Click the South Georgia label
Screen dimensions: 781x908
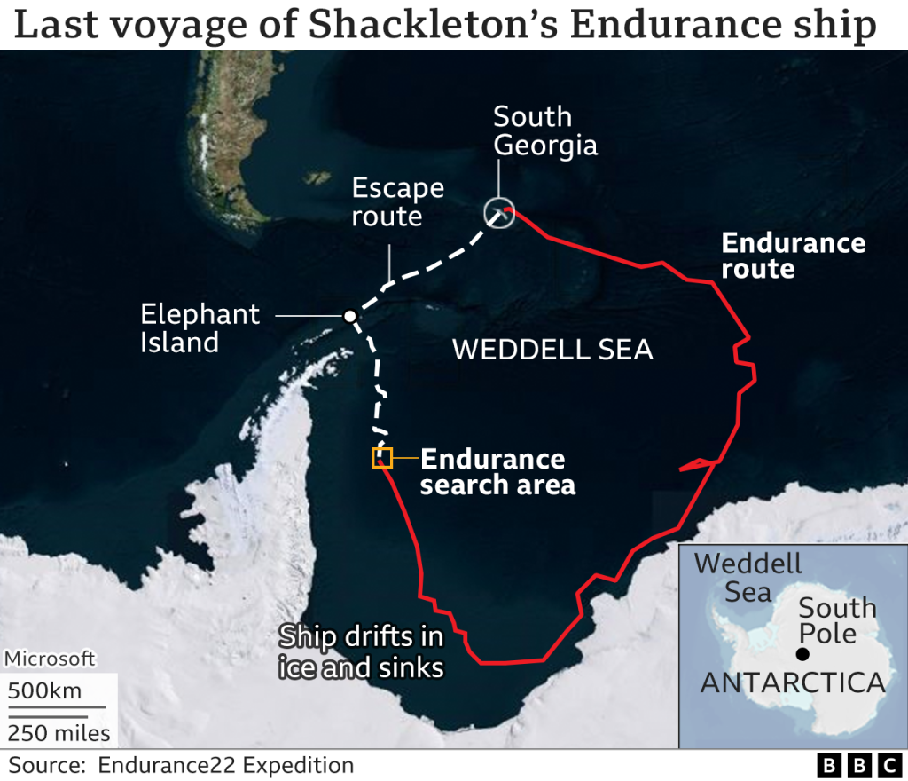545,130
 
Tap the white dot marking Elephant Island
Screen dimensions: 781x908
350,316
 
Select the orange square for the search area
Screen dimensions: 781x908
382,458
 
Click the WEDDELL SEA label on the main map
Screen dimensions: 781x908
552,350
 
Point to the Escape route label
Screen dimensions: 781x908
397,201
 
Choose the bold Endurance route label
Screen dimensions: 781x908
793,256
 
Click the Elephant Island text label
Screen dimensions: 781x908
200,327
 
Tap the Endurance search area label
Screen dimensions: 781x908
497,471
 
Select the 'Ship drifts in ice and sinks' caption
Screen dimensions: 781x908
361,651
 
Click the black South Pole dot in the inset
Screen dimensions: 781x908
802,655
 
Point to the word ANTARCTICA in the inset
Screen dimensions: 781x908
793,682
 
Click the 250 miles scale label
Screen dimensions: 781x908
59,733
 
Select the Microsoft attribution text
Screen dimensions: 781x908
50,659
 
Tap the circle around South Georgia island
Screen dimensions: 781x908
499,213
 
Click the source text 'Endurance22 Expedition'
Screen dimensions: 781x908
226,765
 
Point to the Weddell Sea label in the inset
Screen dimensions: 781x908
748,577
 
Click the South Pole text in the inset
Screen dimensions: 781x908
837,620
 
